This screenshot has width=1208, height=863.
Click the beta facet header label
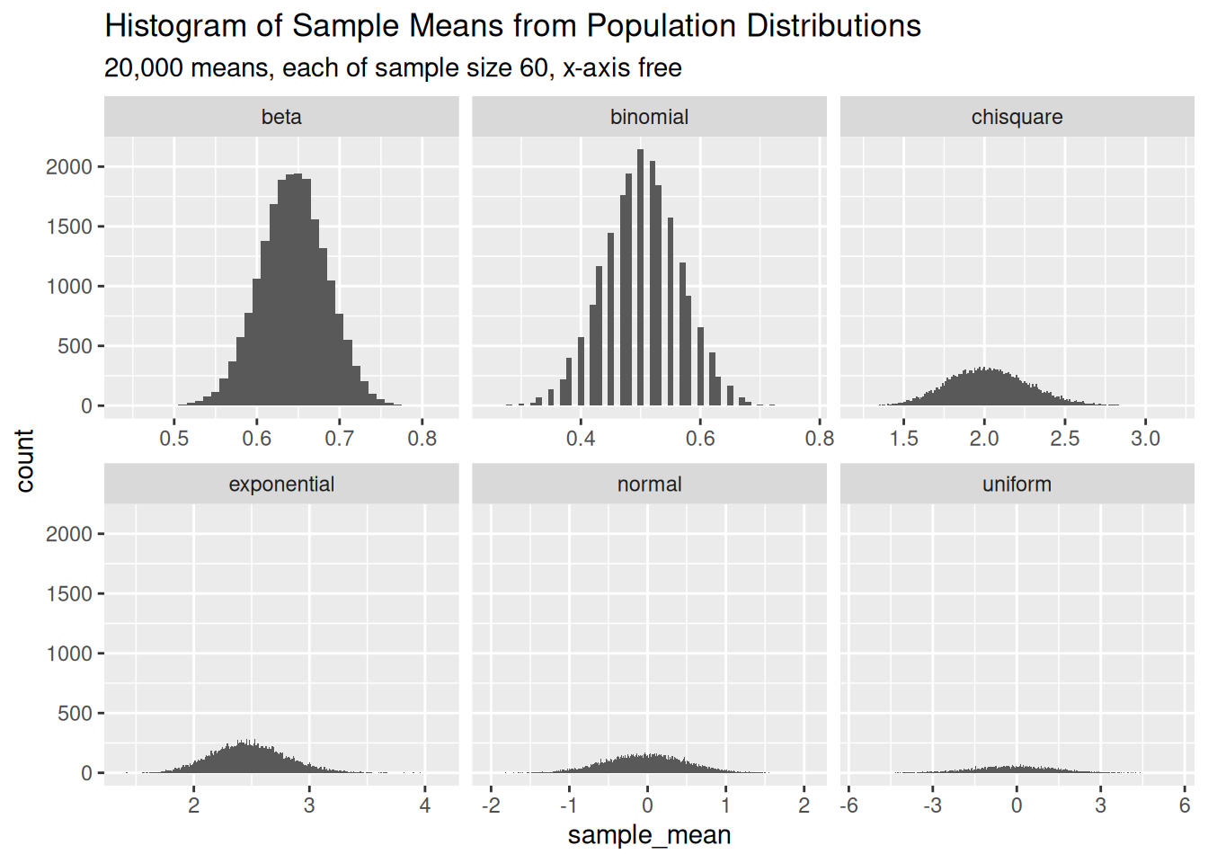click(281, 118)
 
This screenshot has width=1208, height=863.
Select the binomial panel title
click(649, 118)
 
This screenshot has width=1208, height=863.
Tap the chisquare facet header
click(1017, 118)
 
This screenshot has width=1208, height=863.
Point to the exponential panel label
click(281, 485)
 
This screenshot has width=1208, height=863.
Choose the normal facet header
click(649, 485)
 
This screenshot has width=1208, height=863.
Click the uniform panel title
click(1017, 485)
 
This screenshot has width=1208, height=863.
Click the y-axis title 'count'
click(24, 460)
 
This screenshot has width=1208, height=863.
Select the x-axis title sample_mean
click(649, 835)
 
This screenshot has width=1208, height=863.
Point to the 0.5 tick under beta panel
click(174, 439)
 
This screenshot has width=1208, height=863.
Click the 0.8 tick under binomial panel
click(819, 439)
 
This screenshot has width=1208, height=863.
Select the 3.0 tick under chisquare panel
click(1145, 439)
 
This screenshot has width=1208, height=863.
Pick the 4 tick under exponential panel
click(425, 805)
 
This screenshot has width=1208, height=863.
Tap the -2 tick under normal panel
click(491, 805)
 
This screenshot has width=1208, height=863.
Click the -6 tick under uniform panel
click(848, 805)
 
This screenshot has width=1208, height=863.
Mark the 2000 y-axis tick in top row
click(69, 167)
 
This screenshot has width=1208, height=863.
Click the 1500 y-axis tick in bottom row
click(69, 594)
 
